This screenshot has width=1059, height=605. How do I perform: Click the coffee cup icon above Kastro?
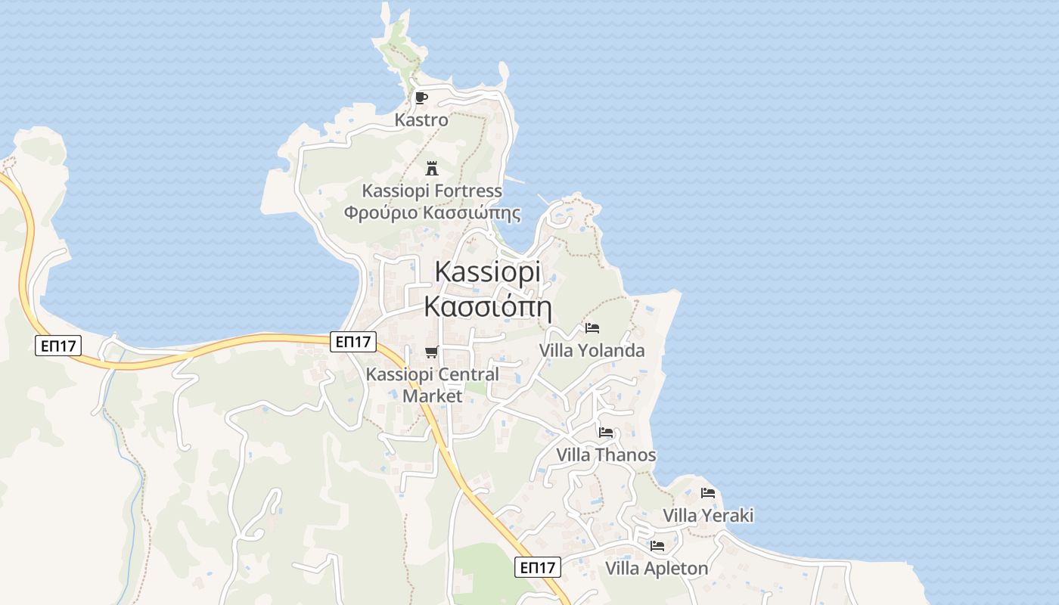(421, 98)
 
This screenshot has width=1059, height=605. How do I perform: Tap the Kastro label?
(421, 119)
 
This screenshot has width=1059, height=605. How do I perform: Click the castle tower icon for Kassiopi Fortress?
(432, 168)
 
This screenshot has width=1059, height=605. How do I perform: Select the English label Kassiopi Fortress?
(432, 191)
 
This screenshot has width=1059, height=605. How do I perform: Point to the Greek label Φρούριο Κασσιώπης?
(432, 213)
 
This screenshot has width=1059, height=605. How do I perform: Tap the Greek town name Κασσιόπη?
(488, 306)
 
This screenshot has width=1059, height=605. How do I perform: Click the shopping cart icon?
(431, 352)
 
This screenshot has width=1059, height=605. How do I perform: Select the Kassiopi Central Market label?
(432, 384)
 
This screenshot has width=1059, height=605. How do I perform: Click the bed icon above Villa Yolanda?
(592, 328)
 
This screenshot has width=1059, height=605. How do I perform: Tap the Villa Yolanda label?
(592, 350)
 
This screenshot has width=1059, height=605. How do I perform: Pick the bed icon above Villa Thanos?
(606, 433)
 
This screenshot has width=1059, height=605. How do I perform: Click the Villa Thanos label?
(606, 455)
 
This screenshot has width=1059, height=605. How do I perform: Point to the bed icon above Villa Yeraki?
(708, 493)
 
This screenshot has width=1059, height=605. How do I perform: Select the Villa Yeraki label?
(708, 515)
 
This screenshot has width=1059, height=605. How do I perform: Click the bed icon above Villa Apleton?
(657, 546)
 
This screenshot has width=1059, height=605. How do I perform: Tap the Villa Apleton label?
(657, 568)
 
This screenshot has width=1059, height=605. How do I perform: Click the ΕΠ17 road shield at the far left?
(58, 346)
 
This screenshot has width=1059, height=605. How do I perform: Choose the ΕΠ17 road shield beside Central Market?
(353, 342)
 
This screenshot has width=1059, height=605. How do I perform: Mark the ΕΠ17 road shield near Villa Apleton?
(538, 567)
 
